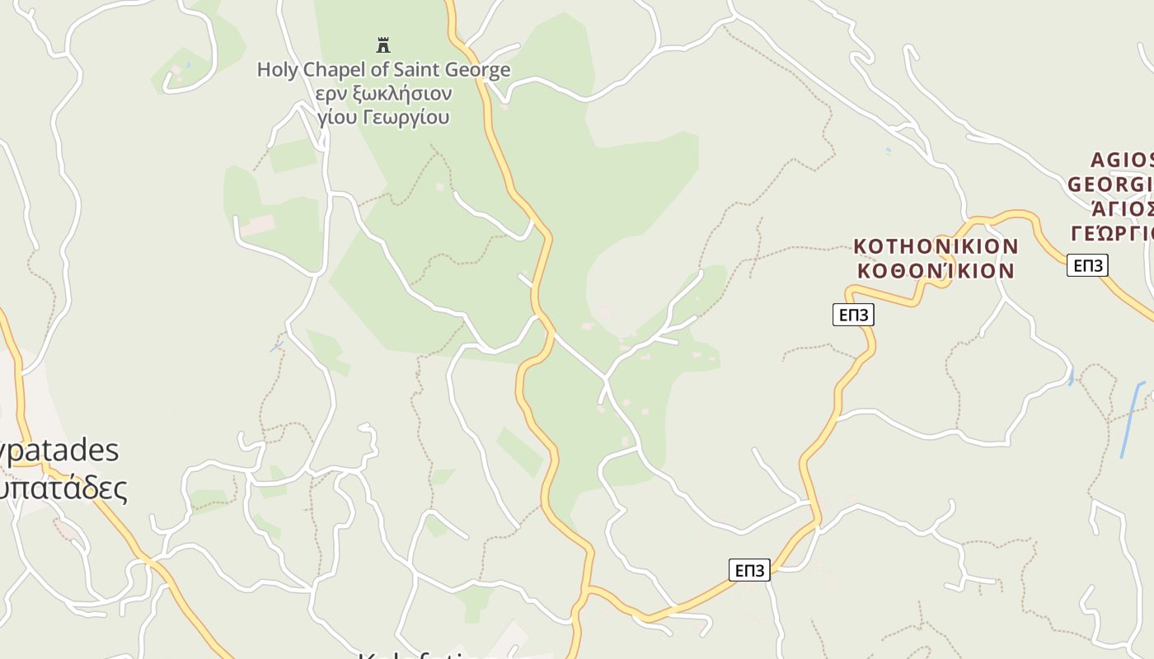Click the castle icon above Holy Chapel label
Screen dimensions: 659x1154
click(x=382, y=44)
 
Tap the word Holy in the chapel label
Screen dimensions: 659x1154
click(x=276, y=70)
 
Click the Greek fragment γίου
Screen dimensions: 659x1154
click(x=338, y=117)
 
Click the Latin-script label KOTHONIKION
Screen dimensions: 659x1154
click(x=936, y=246)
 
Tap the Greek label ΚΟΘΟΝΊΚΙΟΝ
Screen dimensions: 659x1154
click(x=936, y=270)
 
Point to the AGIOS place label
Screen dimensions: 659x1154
click(x=1121, y=160)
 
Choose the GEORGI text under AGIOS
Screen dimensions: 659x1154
click(x=1111, y=184)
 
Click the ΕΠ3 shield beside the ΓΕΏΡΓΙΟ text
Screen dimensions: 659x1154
click(x=1087, y=265)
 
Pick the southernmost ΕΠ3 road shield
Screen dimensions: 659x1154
click(x=749, y=570)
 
